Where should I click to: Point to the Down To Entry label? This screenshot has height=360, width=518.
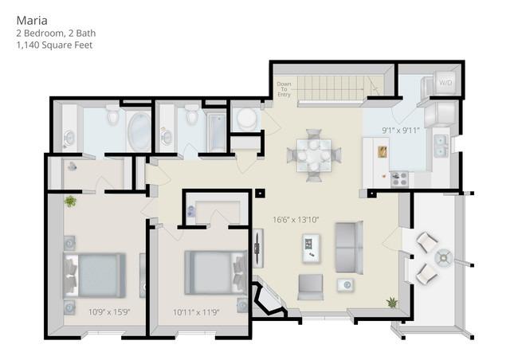pos(284,89)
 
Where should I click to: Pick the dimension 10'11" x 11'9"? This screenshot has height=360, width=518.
pos(196,312)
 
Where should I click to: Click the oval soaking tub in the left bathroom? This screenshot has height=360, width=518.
pos(139,131)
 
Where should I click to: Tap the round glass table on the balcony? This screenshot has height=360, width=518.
pos(442,257)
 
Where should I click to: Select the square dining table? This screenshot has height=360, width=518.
pos(313,154)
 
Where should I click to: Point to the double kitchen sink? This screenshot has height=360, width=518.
pos(439,146)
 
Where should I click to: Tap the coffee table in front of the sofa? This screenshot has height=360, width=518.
pos(311,247)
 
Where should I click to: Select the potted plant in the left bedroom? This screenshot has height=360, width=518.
pos(71,202)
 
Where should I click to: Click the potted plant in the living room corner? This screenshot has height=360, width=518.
pos(392,303)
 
